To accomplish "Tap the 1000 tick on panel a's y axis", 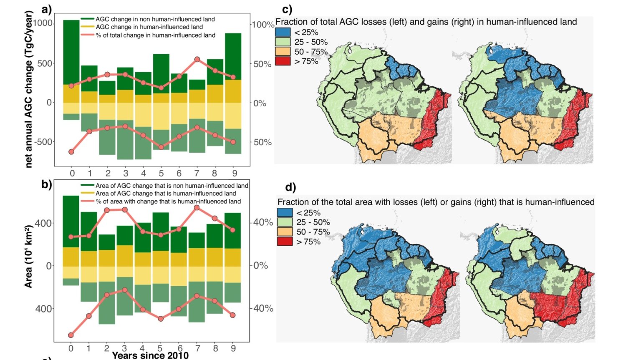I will pyautogui.click(x=43, y=23).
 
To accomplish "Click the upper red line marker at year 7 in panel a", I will pyautogui.click(x=197, y=60).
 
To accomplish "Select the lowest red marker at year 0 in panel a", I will pyautogui.click(x=71, y=152).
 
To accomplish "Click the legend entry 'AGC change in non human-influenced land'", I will pyautogui.click(x=155, y=19).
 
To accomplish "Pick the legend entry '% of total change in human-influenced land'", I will pyautogui.click(x=155, y=35).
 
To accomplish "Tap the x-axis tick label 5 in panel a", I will pyautogui.click(x=161, y=173).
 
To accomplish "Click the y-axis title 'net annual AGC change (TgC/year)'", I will pyautogui.click(x=29, y=90).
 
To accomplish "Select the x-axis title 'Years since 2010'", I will pyautogui.click(x=150, y=355).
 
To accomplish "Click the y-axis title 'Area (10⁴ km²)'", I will pyautogui.click(x=28, y=257).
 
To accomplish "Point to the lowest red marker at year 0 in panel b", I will pyautogui.click(x=71, y=335).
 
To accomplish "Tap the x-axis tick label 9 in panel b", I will pyautogui.click(x=233, y=348).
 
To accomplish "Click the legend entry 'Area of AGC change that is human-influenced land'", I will pyautogui.click(x=166, y=194).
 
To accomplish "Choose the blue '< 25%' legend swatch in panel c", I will pyautogui.click(x=283, y=32).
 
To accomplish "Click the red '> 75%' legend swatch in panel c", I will pyautogui.click(x=283, y=61).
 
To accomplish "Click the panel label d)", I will pyautogui.click(x=290, y=187).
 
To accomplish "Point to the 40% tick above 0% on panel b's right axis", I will pyautogui.click(x=263, y=222).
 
